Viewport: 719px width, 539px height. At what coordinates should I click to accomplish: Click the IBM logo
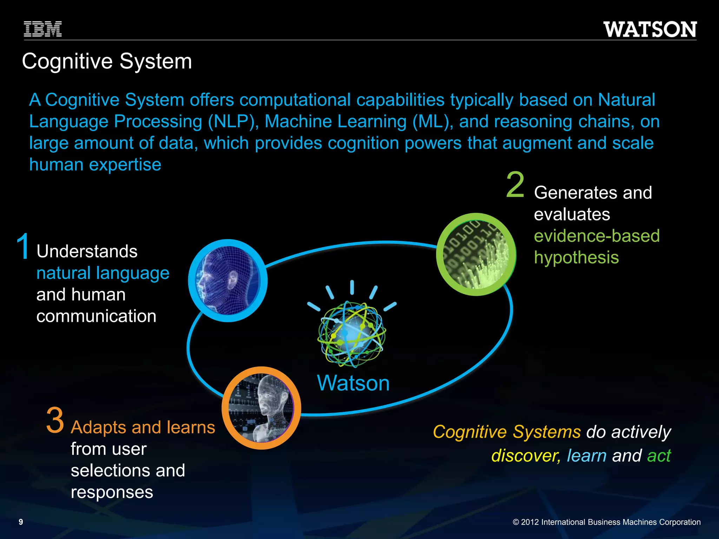(x=43, y=29)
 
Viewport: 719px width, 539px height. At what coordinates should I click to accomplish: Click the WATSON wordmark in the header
(x=650, y=29)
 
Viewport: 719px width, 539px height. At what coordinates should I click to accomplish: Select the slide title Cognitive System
(x=107, y=61)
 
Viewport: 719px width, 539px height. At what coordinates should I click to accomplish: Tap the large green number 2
(x=515, y=185)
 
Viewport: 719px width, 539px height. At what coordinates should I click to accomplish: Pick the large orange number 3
(x=55, y=420)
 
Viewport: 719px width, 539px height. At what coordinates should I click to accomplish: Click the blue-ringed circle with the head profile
(x=228, y=280)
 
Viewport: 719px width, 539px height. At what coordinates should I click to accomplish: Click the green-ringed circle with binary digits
(x=476, y=254)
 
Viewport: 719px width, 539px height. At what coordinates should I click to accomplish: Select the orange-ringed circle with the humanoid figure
(x=261, y=408)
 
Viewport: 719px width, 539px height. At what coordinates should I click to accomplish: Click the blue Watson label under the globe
(x=353, y=383)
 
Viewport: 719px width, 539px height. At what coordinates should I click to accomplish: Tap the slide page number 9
(x=21, y=522)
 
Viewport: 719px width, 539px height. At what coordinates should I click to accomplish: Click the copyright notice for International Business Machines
(x=606, y=522)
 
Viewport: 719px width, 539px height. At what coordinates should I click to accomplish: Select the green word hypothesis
(x=576, y=258)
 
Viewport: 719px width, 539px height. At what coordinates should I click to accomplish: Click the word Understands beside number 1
(x=87, y=252)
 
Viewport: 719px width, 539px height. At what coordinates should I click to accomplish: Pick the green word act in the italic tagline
(x=659, y=456)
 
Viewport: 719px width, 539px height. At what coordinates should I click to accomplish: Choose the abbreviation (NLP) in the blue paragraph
(x=233, y=122)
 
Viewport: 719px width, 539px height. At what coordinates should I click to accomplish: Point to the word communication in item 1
(x=96, y=316)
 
